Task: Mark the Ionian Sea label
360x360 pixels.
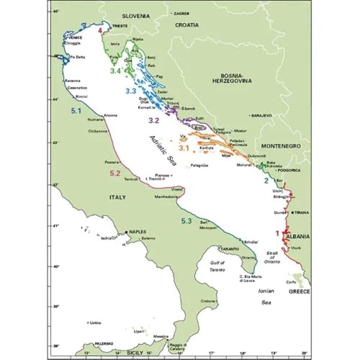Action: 270,303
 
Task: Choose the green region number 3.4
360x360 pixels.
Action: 114,71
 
